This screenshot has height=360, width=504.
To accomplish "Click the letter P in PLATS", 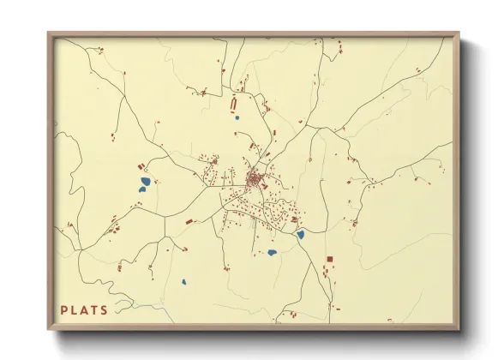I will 64,310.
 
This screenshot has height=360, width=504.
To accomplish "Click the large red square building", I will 329,259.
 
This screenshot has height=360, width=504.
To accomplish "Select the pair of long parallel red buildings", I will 233,105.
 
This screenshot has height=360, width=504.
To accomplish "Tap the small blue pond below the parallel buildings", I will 237,118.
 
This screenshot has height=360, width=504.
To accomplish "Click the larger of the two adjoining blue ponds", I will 147,181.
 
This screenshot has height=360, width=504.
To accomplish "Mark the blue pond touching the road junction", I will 300,234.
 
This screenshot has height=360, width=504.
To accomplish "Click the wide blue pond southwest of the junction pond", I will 273,252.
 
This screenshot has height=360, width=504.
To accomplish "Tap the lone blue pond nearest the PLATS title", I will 183,282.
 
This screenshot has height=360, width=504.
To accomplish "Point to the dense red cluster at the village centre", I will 255,180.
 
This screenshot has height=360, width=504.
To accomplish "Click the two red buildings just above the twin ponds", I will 141,166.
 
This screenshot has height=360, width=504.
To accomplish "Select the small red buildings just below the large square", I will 327,272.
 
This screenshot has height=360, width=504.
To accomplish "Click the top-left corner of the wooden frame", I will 48,33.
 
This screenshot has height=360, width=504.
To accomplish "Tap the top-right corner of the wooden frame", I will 460,33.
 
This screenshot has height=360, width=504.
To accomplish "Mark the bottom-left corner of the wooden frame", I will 48,330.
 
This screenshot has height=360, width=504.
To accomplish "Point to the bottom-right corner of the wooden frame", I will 460,330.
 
